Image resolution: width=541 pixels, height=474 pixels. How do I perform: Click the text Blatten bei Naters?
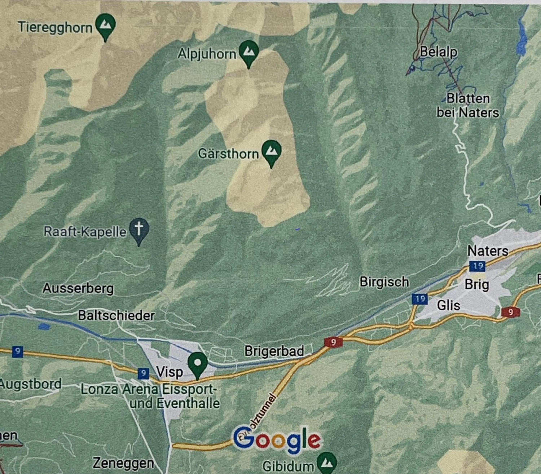pyautogui.click(x=468, y=106)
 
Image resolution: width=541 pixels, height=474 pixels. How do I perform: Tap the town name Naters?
pyautogui.click(x=488, y=251)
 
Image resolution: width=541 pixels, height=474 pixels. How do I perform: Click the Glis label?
pyautogui.click(x=448, y=305)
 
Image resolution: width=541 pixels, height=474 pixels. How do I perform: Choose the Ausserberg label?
pyautogui.click(x=78, y=289)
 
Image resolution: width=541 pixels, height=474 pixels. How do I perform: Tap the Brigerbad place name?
pyautogui.click(x=274, y=351)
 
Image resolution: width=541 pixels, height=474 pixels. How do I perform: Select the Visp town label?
pyautogui.click(x=169, y=372)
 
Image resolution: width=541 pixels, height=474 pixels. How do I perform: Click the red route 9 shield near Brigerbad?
pyautogui.click(x=333, y=342)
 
